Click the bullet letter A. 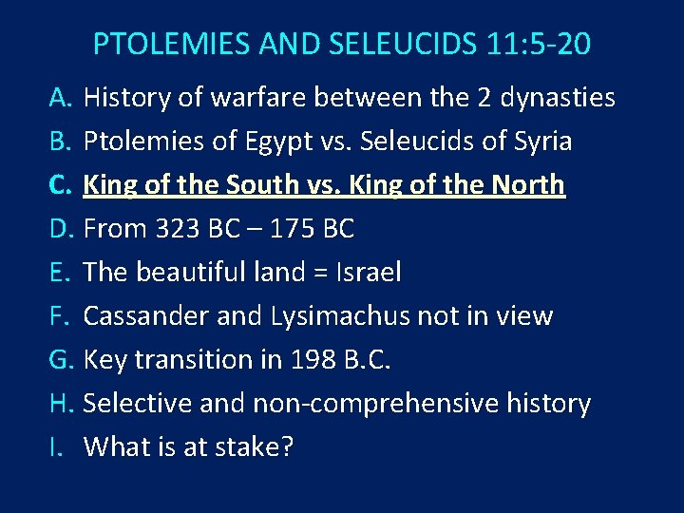(x=61, y=98)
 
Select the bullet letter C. (x=61, y=185)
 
